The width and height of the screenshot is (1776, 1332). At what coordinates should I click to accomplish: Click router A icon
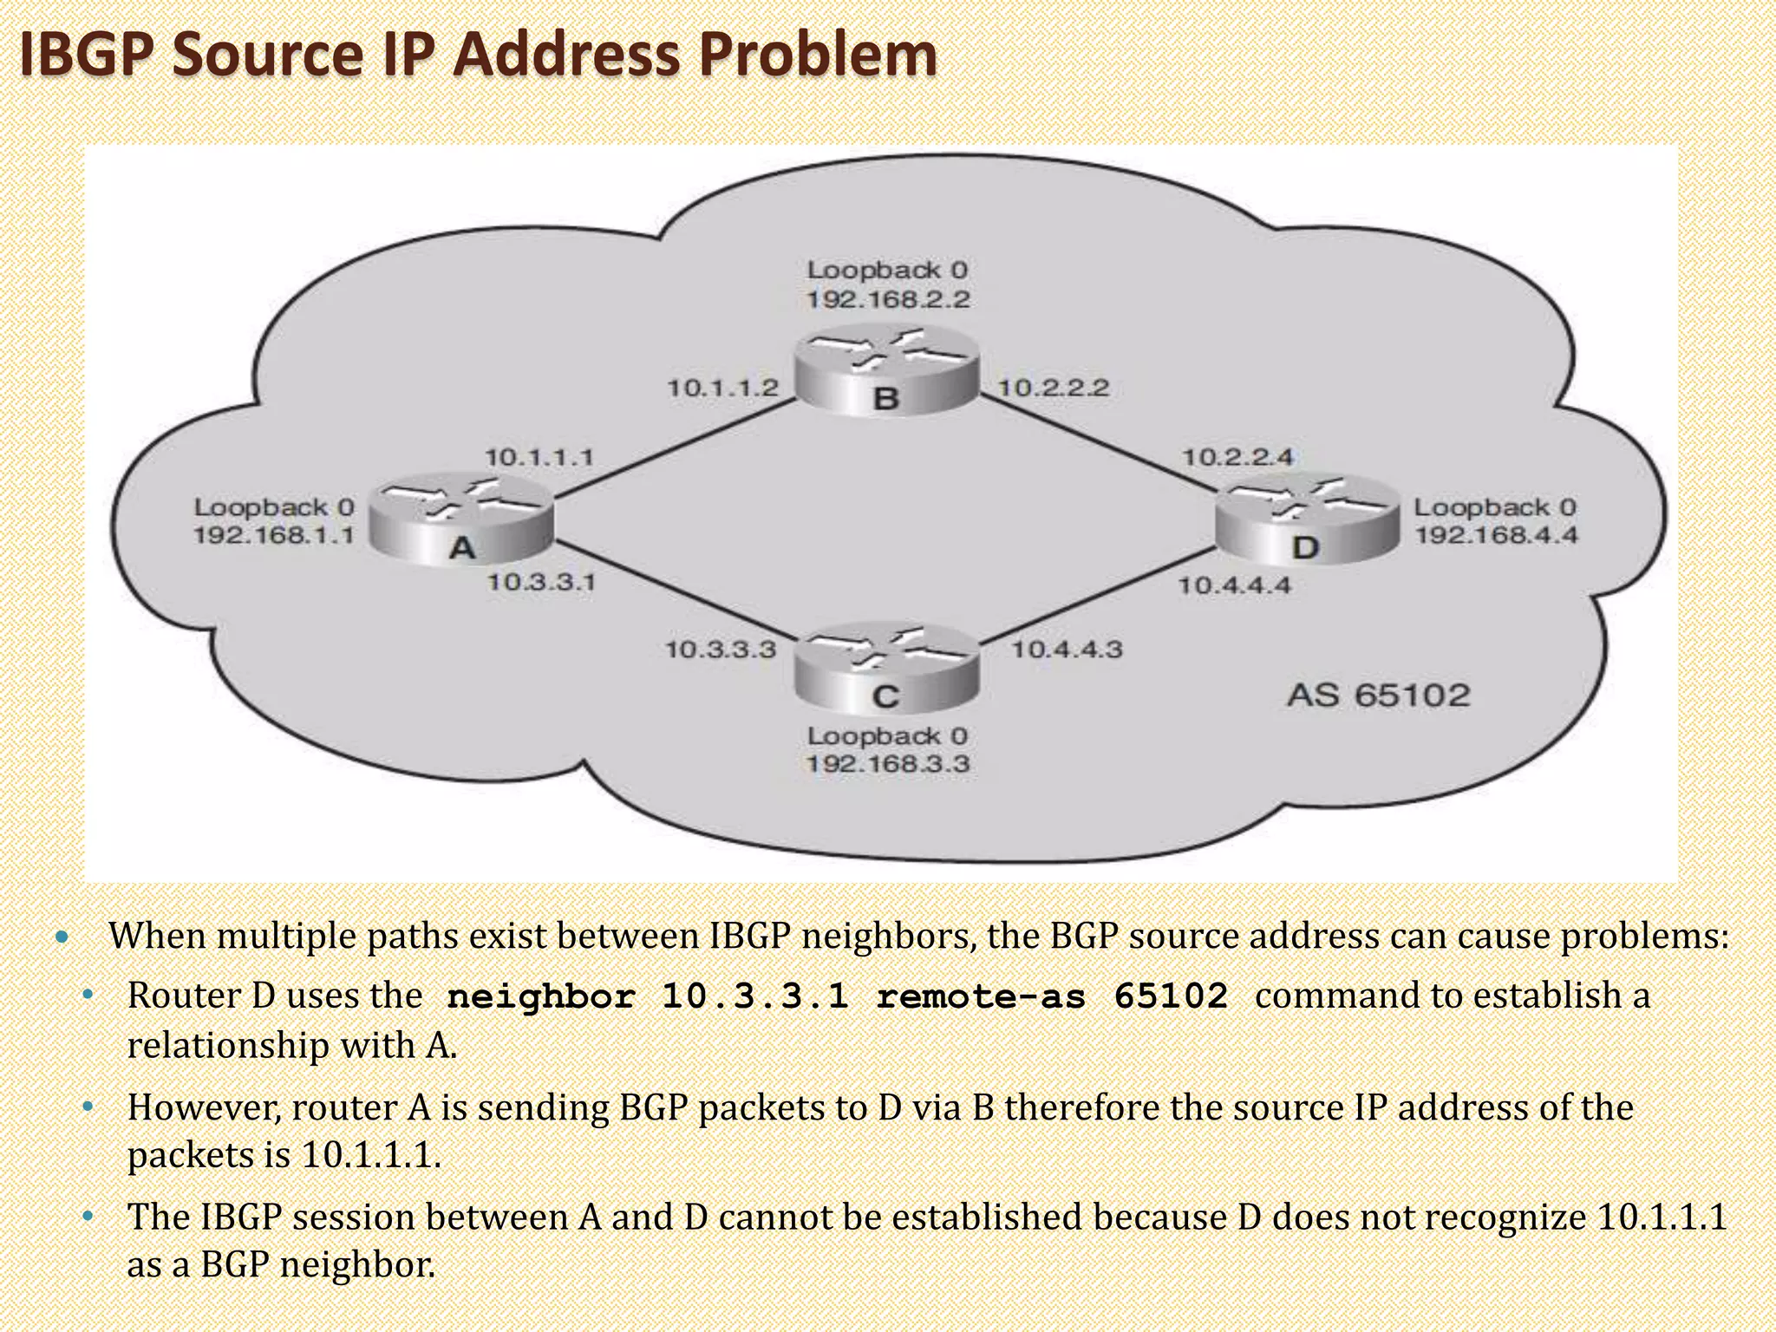coord(461,520)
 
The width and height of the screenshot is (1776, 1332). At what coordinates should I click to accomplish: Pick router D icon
coord(1306,520)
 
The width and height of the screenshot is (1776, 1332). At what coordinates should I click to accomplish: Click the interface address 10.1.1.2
coord(722,388)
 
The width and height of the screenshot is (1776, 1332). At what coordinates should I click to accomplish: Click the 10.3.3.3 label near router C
coord(720,650)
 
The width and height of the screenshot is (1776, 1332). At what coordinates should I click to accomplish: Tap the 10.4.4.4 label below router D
coord(1234,586)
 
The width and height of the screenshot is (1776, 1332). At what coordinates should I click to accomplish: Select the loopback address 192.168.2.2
coord(888,300)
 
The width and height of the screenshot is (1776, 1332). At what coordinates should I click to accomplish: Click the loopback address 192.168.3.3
coord(888,765)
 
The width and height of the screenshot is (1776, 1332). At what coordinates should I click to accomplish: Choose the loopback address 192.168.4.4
coord(1496,535)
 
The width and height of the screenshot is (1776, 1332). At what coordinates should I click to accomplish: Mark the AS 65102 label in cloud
coord(1378,695)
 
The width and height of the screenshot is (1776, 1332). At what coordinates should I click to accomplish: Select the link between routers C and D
coord(1097,597)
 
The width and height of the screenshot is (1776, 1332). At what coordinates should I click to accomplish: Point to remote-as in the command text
coord(980,996)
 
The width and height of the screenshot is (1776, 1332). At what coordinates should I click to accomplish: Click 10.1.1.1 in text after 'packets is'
coord(370,1155)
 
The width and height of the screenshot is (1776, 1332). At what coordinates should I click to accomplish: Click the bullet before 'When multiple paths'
coord(60,937)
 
